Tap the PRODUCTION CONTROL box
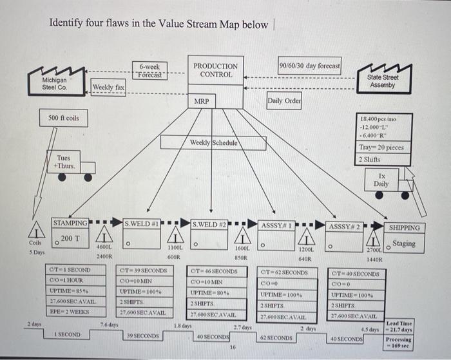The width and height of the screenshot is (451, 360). click(216, 70)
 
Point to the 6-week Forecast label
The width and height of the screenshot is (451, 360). click(149, 70)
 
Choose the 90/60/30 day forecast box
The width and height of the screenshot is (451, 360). click(309, 66)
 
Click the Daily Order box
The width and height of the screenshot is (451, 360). click(283, 101)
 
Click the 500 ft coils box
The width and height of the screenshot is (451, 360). click(64, 118)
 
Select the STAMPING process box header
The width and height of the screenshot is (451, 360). click(70, 223)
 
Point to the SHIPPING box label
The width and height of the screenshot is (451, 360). click(404, 227)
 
